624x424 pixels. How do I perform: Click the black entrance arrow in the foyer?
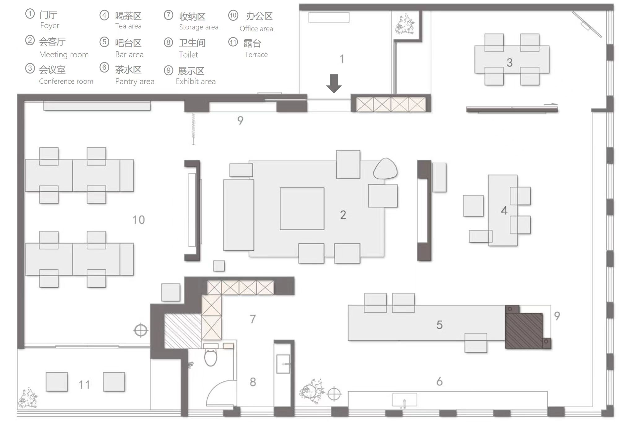pyautogui.click(x=334, y=84)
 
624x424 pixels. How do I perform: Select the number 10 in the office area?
pyautogui.click(x=138, y=220)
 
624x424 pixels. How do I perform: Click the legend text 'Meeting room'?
pyautogui.click(x=64, y=55)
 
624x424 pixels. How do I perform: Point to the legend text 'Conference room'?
pyautogui.click(x=66, y=81)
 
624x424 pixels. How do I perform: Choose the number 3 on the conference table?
pyautogui.click(x=509, y=63)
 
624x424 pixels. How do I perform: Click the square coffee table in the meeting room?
pyautogui.click(x=302, y=209)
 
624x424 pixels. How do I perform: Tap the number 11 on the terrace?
pyautogui.click(x=84, y=385)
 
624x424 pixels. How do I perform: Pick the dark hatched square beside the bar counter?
pyautogui.click(x=524, y=331)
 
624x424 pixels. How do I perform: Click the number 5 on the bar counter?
pyautogui.click(x=439, y=325)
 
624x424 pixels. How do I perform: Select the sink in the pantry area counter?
pyautogui.click(x=404, y=400)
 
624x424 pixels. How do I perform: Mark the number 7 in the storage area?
pyautogui.click(x=253, y=319)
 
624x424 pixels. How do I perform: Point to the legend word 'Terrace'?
pyautogui.click(x=256, y=55)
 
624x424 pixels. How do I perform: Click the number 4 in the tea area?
pyautogui.click(x=504, y=210)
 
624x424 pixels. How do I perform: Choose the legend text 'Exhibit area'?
pyautogui.click(x=196, y=81)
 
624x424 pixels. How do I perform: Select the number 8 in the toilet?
pyautogui.click(x=253, y=382)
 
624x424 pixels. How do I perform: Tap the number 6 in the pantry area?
pyautogui.click(x=439, y=381)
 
